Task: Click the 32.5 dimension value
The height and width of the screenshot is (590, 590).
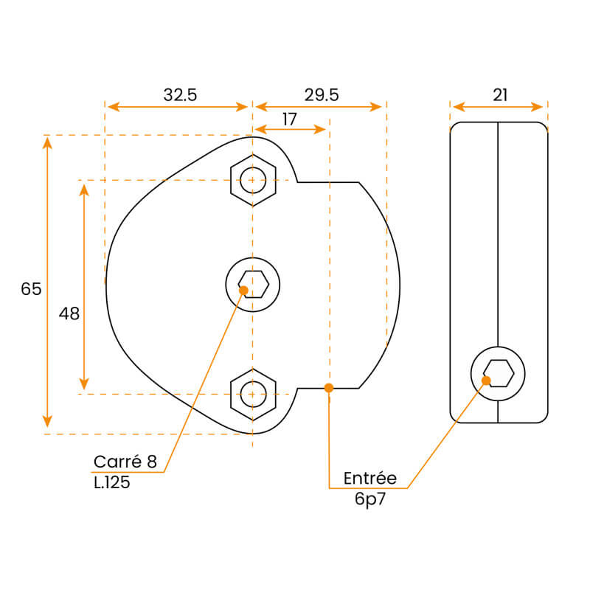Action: (x=180, y=94)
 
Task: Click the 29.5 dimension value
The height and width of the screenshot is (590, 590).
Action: (x=321, y=94)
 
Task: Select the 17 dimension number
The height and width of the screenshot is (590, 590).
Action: (x=289, y=118)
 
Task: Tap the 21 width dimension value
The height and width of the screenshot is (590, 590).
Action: (x=500, y=94)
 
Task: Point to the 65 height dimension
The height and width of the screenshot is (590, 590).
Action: (x=31, y=289)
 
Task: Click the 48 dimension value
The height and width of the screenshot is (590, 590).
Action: (x=69, y=313)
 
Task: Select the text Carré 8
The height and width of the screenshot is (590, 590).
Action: (x=125, y=462)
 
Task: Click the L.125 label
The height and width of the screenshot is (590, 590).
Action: (x=112, y=484)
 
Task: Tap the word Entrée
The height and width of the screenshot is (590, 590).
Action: (x=370, y=478)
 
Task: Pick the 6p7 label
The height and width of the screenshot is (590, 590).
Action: (x=370, y=499)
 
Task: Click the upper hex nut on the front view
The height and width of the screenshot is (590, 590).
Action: (x=253, y=179)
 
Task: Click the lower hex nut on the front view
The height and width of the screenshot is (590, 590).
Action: (x=253, y=394)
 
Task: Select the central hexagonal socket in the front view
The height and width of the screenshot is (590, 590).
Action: (x=253, y=285)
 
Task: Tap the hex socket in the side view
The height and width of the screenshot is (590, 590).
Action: (x=499, y=373)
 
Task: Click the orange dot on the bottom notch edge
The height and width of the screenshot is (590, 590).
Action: (x=329, y=387)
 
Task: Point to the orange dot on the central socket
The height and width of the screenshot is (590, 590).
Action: (x=243, y=290)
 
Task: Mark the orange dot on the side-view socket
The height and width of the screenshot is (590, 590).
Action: (x=487, y=381)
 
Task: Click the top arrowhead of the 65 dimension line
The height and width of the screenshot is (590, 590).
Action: (x=47, y=141)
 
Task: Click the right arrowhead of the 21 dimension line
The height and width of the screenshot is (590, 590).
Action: (x=540, y=107)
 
